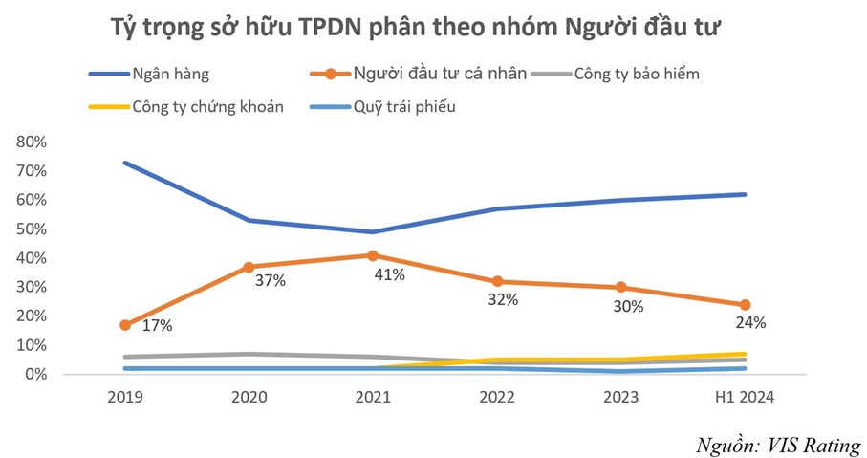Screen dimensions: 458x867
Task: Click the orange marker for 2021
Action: click(x=373, y=255)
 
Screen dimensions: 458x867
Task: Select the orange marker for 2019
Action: click(x=125, y=325)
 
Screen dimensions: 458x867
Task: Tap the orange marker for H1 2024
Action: click(x=745, y=305)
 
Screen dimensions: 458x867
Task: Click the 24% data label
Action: click(x=750, y=323)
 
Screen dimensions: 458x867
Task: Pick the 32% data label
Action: click(x=503, y=299)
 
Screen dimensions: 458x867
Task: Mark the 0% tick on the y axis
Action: click(x=33, y=375)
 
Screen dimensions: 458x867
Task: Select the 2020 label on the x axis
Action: click(x=249, y=398)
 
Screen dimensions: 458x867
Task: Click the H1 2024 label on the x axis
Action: click(x=744, y=398)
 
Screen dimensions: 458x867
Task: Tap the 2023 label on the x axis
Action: click(x=620, y=398)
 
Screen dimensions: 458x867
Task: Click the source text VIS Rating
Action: click(x=812, y=445)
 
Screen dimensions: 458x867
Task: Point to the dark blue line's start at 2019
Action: click(x=125, y=163)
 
